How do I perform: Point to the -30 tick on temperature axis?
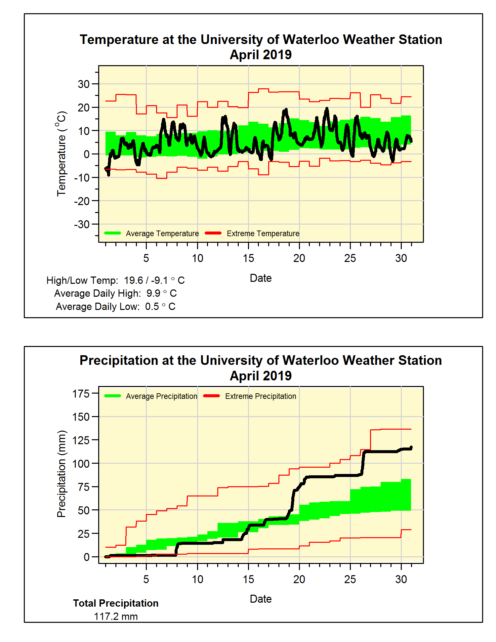coord(82,225)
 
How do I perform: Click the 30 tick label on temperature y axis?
coord(84,84)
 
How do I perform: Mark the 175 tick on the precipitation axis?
coord(81,394)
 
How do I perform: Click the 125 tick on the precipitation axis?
coord(81,440)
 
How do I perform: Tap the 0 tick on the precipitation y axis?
coord(87,557)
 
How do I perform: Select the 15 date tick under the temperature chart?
coord(248,258)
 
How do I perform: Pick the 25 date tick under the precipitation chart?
coord(350,579)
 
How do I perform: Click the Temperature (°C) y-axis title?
coord(62,154)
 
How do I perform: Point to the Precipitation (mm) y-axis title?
coord(62,474)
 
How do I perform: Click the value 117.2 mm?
coord(116,617)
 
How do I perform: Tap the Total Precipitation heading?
coord(116,603)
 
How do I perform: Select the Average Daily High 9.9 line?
coord(115,293)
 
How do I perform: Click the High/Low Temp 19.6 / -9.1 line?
coord(115,280)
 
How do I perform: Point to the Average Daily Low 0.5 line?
coord(115,307)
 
